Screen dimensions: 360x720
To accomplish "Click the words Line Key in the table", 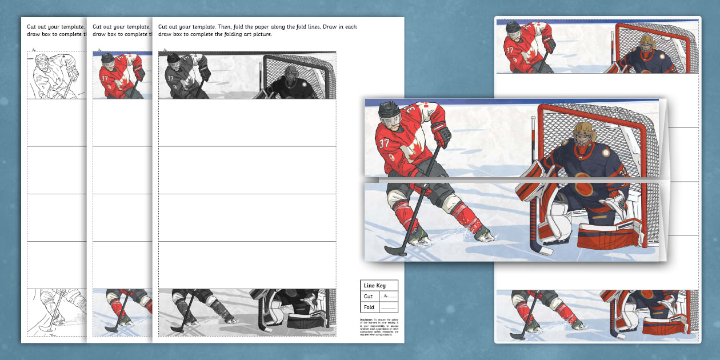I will click(x=373, y=285).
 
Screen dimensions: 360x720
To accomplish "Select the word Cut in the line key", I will click(x=368, y=297).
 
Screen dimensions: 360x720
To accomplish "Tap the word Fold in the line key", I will click(x=369, y=307).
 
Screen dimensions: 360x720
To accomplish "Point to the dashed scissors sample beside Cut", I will click(x=389, y=297).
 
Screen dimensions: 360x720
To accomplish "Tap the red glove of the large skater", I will click(x=441, y=134).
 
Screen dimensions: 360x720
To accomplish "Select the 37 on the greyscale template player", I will click(x=170, y=78).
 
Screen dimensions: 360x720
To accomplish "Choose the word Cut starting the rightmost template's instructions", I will click(x=164, y=26).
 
